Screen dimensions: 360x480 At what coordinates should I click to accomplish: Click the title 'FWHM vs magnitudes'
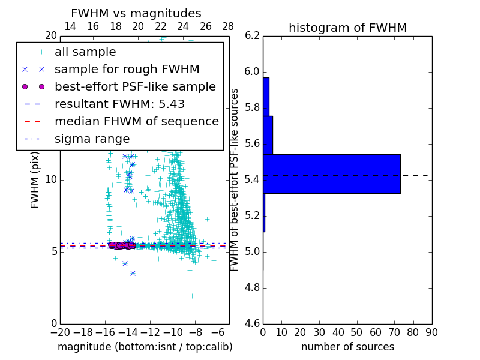pyautogui.click(x=136, y=14)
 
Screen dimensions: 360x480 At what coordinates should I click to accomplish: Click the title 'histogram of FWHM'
pyautogui.click(x=347, y=28)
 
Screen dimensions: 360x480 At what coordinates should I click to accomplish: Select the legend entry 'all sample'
pyautogui.click(x=85, y=52)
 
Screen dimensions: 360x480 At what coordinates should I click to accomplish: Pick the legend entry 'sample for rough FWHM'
pyautogui.click(x=127, y=70)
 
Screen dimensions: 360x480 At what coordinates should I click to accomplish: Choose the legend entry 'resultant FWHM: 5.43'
pyautogui.click(x=119, y=104)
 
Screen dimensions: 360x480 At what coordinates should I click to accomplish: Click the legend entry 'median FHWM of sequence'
pyautogui.click(x=136, y=121)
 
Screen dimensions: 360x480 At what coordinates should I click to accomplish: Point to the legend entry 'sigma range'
pyautogui.click(x=92, y=139)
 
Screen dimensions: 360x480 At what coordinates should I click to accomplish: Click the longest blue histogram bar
pyautogui.click(x=332, y=173)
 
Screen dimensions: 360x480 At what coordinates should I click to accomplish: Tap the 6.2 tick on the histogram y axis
pyautogui.click(x=253, y=36)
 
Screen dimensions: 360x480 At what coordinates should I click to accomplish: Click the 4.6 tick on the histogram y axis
pyautogui.click(x=253, y=323)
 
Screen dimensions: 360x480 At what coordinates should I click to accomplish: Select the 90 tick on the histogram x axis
pyautogui.click(x=431, y=332)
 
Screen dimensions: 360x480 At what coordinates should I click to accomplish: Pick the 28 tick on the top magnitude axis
pyautogui.click(x=228, y=26)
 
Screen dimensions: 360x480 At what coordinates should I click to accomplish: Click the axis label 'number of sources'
pyautogui.click(x=347, y=347)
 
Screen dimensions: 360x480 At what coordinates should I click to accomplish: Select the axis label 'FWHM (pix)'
pyautogui.click(x=35, y=179)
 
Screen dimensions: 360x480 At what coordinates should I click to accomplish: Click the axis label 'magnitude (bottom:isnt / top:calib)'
pyautogui.click(x=145, y=347)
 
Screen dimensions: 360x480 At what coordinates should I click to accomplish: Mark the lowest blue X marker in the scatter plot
pyautogui.click(x=133, y=273)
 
